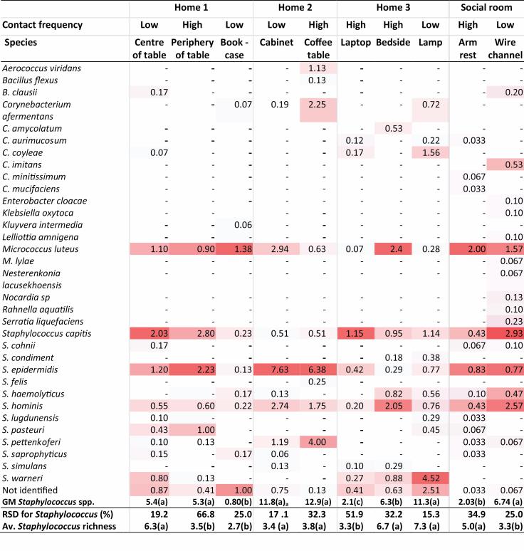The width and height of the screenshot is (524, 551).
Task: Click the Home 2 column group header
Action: click(x=294, y=8)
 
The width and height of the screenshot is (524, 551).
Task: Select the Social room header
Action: click(x=486, y=8)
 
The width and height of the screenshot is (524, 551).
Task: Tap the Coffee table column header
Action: click(x=318, y=48)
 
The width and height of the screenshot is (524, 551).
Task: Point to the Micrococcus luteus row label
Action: click(x=39, y=248)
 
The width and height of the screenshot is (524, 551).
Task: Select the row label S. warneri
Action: click(x=24, y=478)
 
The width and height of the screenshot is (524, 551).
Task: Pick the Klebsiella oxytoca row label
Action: click(x=38, y=212)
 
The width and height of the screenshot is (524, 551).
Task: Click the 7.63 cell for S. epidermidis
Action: click(x=277, y=370)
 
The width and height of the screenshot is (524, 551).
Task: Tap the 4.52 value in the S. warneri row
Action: click(x=431, y=478)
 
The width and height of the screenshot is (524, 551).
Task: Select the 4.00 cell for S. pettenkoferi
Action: click(x=317, y=442)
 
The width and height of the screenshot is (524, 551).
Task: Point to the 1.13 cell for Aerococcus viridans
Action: click(x=317, y=68)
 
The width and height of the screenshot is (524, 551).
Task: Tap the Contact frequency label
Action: click(x=43, y=25)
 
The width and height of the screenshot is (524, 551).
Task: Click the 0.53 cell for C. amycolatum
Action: click(x=394, y=128)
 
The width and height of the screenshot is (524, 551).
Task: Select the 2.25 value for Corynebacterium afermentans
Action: click(x=317, y=105)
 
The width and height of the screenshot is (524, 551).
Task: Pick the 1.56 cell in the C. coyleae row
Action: click(x=431, y=152)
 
